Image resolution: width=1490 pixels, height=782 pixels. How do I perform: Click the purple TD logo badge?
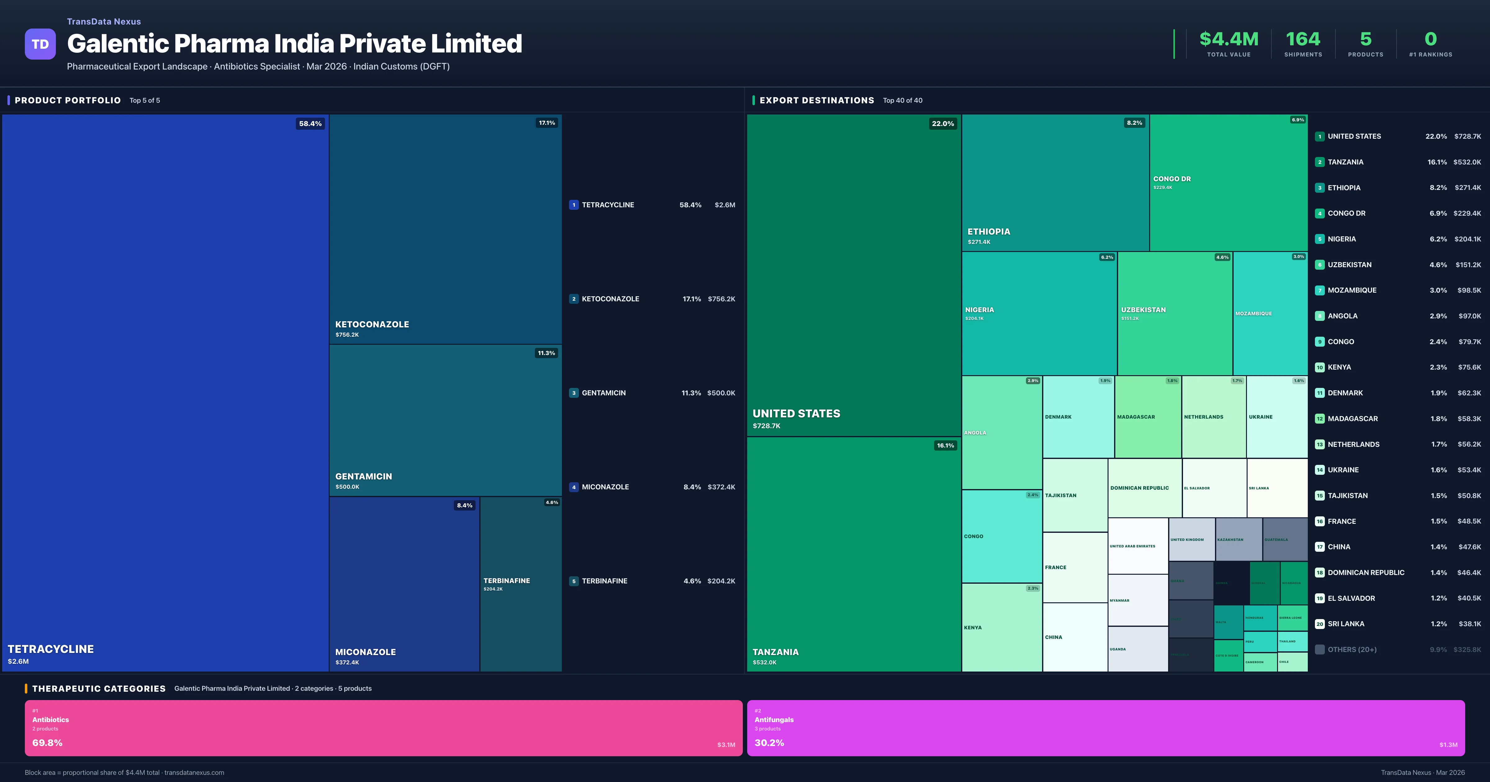pos(40,44)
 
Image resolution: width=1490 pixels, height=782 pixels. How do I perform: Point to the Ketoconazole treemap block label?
pos(372,325)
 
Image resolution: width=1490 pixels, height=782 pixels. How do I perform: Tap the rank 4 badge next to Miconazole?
pos(574,487)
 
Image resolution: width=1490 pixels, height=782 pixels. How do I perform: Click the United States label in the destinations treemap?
pos(796,414)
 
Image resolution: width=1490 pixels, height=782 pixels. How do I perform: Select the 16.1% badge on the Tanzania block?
pos(945,445)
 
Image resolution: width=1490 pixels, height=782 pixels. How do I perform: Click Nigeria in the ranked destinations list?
pos(1341,239)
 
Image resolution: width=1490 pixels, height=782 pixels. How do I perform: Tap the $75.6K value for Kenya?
pos(1469,367)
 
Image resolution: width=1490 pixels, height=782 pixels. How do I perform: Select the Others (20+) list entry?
pos(1352,649)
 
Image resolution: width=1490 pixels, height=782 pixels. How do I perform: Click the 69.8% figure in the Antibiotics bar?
pos(47,743)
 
